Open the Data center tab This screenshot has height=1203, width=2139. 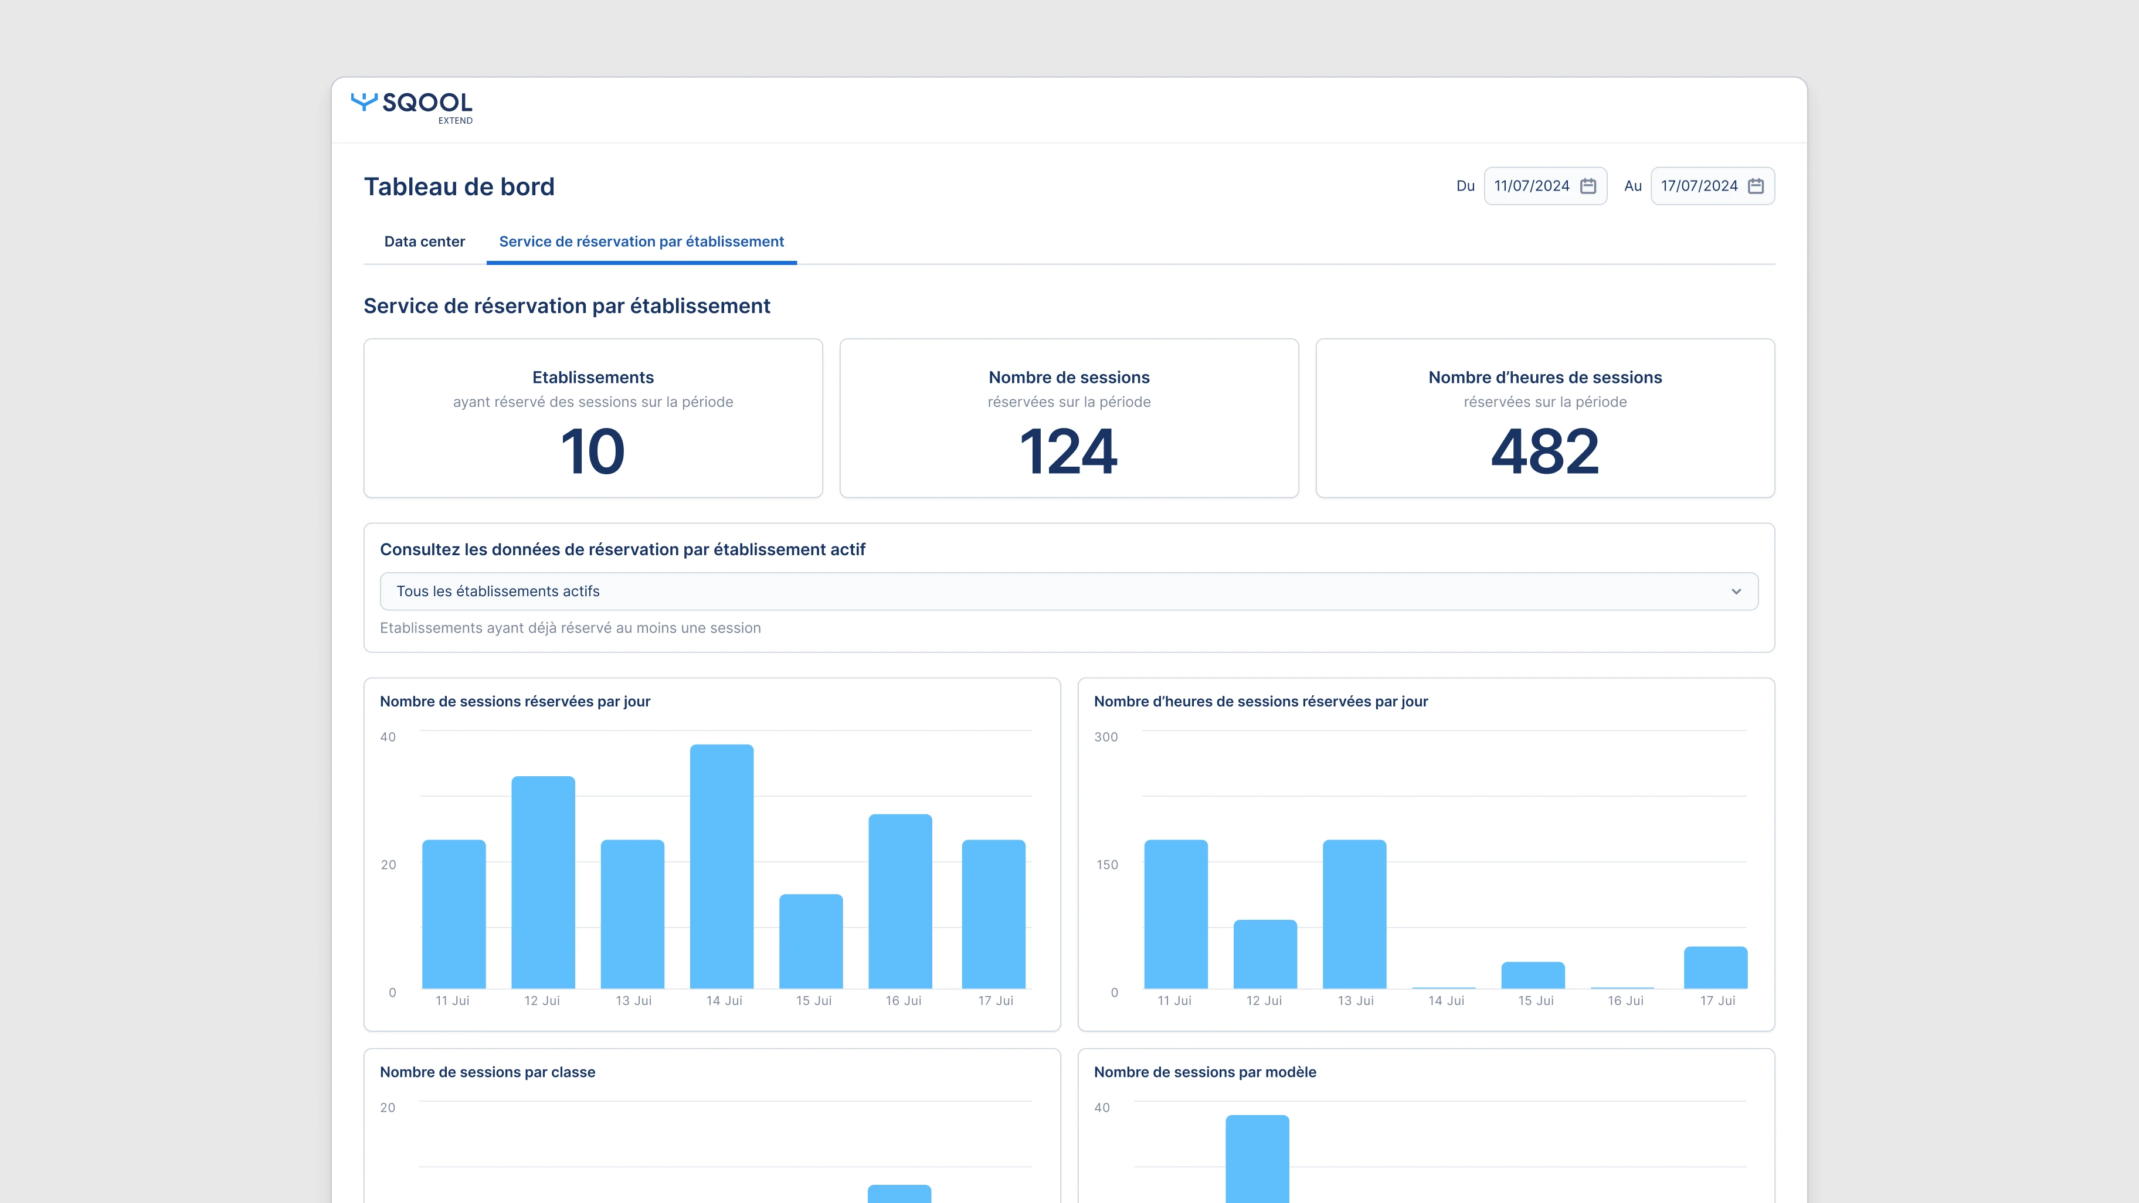click(425, 242)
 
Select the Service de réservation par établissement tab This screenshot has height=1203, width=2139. click(641, 242)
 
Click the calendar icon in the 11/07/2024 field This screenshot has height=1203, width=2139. click(1588, 186)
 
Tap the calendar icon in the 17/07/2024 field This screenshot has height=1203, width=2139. click(1756, 186)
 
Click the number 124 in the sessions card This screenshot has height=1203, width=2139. click(1069, 451)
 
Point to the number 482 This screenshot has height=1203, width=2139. click(1544, 451)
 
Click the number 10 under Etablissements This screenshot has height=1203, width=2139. click(593, 451)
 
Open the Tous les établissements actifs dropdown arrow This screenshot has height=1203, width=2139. click(1736, 591)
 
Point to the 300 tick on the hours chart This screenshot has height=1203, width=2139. click(1105, 738)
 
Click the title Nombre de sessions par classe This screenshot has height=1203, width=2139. click(487, 1072)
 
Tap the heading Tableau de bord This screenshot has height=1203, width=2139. click(459, 187)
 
